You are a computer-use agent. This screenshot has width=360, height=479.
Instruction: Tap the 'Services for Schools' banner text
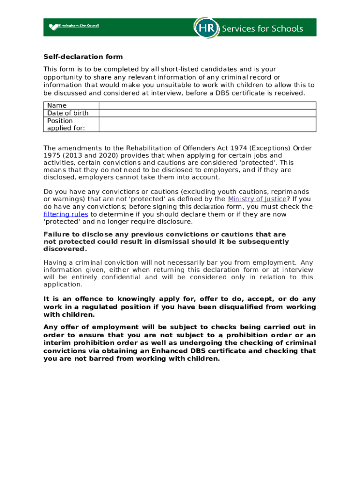click(262, 29)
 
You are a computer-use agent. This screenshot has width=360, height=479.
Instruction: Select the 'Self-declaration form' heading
click(83, 57)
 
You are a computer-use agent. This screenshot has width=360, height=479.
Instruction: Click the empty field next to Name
click(207, 105)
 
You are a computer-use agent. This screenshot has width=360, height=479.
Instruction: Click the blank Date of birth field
click(207, 113)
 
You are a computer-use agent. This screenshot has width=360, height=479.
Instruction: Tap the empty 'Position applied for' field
click(207, 124)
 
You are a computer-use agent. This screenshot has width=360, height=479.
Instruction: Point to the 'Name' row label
click(57, 105)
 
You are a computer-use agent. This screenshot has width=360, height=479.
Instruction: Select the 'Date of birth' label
click(68, 113)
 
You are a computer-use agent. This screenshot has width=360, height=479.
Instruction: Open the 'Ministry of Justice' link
click(257, 199)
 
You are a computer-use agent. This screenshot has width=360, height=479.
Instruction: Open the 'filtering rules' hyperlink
click(65, 214)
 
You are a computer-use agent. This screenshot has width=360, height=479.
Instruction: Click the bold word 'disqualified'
click(242, 307)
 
